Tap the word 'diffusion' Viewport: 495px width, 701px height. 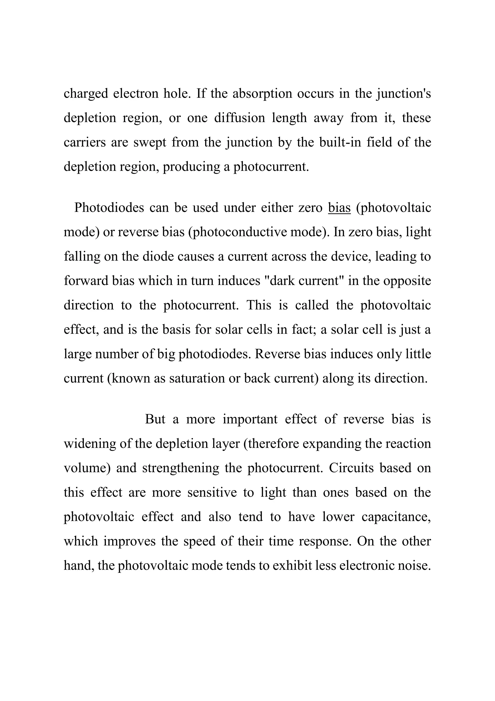pos(240,118)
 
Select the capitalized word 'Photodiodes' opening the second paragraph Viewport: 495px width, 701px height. pos(109,208)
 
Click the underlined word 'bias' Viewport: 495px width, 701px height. pos(339,208)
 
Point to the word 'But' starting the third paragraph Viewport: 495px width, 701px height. pos(155,419)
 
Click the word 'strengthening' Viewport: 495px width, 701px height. pos(181,468)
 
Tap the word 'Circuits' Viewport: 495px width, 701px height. pos(351,468)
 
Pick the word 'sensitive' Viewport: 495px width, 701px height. pos(212,492)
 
